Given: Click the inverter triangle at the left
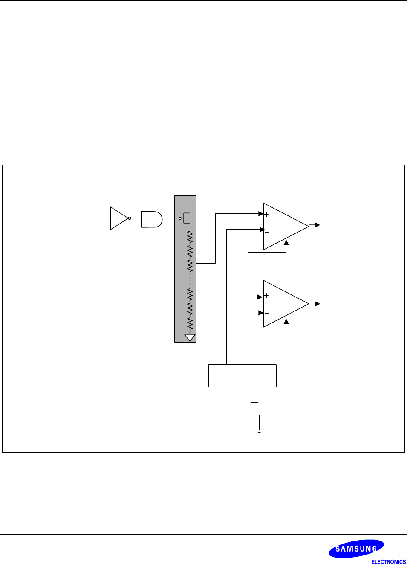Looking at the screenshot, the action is point(118,218).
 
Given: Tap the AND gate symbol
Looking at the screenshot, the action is point(151,219).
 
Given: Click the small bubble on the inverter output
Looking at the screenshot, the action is point(130,218).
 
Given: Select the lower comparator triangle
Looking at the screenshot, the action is point(283,304).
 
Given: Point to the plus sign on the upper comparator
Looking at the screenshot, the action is point(267,215).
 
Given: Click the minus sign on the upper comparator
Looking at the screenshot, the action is point(267,233).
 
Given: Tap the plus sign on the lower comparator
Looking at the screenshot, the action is point(266,296).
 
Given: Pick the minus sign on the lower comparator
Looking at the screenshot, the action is point(267,314).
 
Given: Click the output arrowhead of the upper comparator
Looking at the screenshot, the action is point(317,225).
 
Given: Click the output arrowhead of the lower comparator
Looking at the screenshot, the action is point(317,304).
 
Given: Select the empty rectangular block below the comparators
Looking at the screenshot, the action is point(242,376).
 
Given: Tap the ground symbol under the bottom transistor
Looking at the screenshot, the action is point(259,430).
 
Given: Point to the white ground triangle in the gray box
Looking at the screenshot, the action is point(190,337).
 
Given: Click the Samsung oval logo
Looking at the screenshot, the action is point(356,549).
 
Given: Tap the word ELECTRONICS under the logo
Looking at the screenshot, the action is point(388,561).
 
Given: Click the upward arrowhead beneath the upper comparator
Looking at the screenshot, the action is point(286,243).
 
